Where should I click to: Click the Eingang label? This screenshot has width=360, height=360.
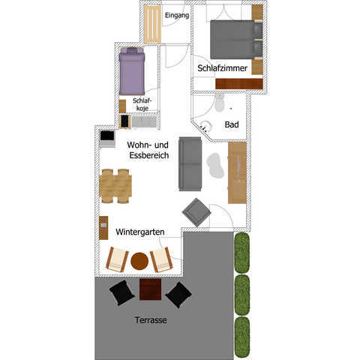pos(177,16)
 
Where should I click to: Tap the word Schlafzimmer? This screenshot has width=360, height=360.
pos(222,68)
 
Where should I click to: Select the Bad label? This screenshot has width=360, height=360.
pos(232,124)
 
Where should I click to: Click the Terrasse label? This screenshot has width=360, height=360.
pos(151,320)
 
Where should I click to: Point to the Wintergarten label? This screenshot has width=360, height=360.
pos(140,232)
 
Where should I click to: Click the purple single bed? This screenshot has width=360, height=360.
pos(132,71)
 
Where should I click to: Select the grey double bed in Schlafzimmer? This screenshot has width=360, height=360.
pos(236,40)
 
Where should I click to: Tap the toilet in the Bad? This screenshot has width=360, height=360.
pos(220,103)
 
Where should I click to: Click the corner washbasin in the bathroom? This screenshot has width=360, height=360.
pos(205,126)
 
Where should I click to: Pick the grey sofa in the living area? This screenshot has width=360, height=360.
pos(190,164)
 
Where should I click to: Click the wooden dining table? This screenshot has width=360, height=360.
pos(115,186)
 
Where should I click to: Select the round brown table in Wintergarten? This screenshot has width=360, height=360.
pos(139,261)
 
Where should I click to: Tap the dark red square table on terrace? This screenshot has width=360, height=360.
pos(150,289)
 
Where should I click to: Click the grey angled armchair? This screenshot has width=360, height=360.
pos(196,213)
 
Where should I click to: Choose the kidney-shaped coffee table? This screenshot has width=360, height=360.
pos(214,166)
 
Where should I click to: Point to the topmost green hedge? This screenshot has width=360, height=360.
pos(242,253)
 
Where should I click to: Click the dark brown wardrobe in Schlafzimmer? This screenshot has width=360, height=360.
pos(239,84)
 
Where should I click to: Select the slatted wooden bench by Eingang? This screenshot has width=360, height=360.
pos(152,24)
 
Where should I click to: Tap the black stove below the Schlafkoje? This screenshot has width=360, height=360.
pos(124,121)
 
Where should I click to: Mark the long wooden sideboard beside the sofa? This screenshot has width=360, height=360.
pos(237,172)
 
